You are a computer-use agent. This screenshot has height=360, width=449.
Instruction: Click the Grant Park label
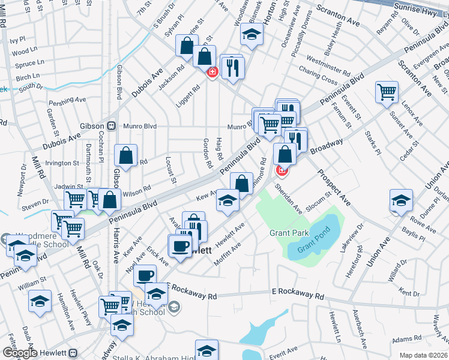[289, 233]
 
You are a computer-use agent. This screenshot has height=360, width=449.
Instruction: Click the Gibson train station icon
[111, 126]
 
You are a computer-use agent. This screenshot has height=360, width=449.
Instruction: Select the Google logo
[19, 353]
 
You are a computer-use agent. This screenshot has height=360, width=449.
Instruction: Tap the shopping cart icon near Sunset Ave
[387, 92]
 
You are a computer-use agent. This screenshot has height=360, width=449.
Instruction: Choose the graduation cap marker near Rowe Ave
[401, 200]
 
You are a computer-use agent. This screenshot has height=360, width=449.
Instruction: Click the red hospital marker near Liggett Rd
[212, 73]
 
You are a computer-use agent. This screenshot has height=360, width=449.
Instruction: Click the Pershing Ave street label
[68, 99]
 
